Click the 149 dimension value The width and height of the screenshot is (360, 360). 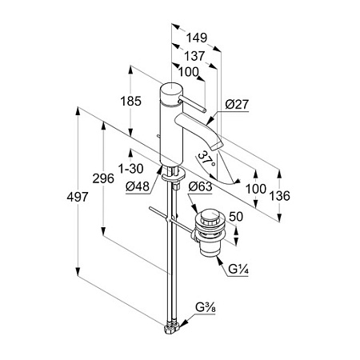196,38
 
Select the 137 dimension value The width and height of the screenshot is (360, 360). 194,56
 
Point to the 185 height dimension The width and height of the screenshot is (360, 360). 130,102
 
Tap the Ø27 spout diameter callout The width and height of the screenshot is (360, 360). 237,104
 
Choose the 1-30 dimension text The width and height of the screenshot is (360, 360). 130,169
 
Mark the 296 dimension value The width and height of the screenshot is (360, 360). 103,178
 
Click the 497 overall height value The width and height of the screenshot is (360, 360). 78,197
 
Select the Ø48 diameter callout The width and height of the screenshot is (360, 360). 138,186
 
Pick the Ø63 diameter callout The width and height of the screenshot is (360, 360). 200,186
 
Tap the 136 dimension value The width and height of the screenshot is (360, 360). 279,196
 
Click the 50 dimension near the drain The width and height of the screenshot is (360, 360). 236,217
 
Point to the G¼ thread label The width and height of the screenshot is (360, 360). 238,270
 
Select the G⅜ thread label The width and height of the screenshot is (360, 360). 206,307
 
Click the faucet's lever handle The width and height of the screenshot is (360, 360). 192,104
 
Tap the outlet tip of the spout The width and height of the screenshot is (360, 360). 217,146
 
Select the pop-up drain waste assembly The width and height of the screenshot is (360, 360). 210,232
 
